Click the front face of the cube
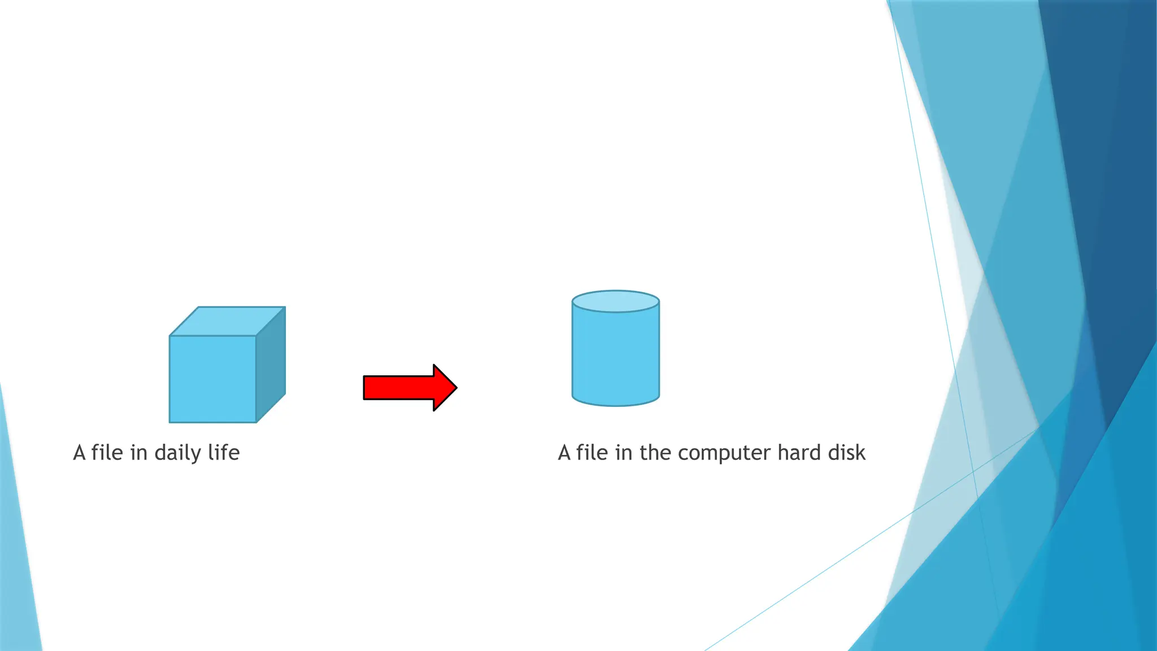point(212,379)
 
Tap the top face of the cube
point(228,321)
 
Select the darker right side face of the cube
point(271,364)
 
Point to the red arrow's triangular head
point(444,388)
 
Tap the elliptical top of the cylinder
point(616,301)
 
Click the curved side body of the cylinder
point(616,356)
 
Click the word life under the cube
point(224,453)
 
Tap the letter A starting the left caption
point(79,453)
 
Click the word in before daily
point(139,453)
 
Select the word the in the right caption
point(655,453)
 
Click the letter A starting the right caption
point(564,453)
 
